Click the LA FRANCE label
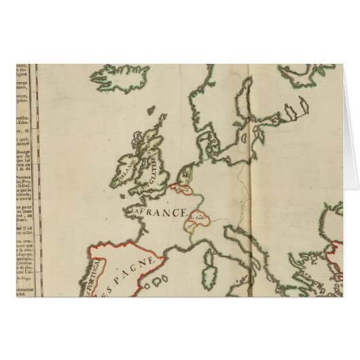click(x=158, y=213)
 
